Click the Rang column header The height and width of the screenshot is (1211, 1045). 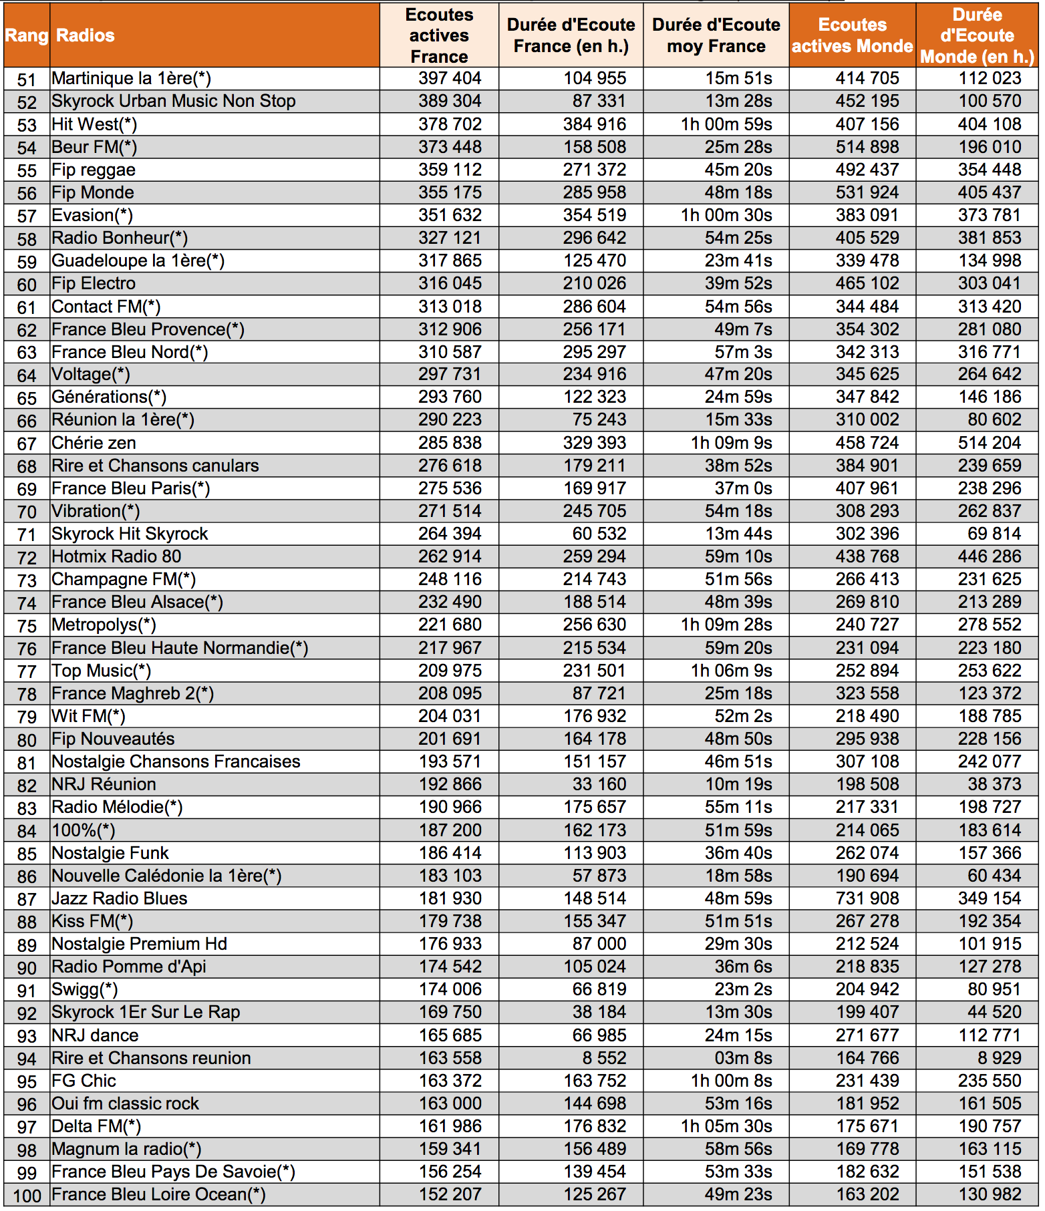point(26,35)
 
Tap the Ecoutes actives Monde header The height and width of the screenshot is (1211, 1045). point(852,35)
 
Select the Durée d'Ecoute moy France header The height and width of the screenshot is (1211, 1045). point(716,35)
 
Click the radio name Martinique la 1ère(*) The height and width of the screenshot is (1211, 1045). point(131,79)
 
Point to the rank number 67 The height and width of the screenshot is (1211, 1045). point(27,444)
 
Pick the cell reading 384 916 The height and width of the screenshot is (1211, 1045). point(594,124)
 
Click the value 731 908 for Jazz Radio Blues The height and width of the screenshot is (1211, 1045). point(867,898)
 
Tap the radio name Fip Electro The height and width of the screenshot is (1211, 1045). point(94,284)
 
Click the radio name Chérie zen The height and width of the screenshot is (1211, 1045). point(94,444)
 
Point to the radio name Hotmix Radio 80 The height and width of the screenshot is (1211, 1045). point(116,557)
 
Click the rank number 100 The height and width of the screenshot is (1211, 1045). point(27,1196)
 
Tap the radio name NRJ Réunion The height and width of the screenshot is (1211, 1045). point(104,785)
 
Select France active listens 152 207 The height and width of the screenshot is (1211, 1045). point(450,1195)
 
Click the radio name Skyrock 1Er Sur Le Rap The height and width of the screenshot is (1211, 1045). point(146,1013)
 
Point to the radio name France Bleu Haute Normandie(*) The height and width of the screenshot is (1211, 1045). point(180,649)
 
